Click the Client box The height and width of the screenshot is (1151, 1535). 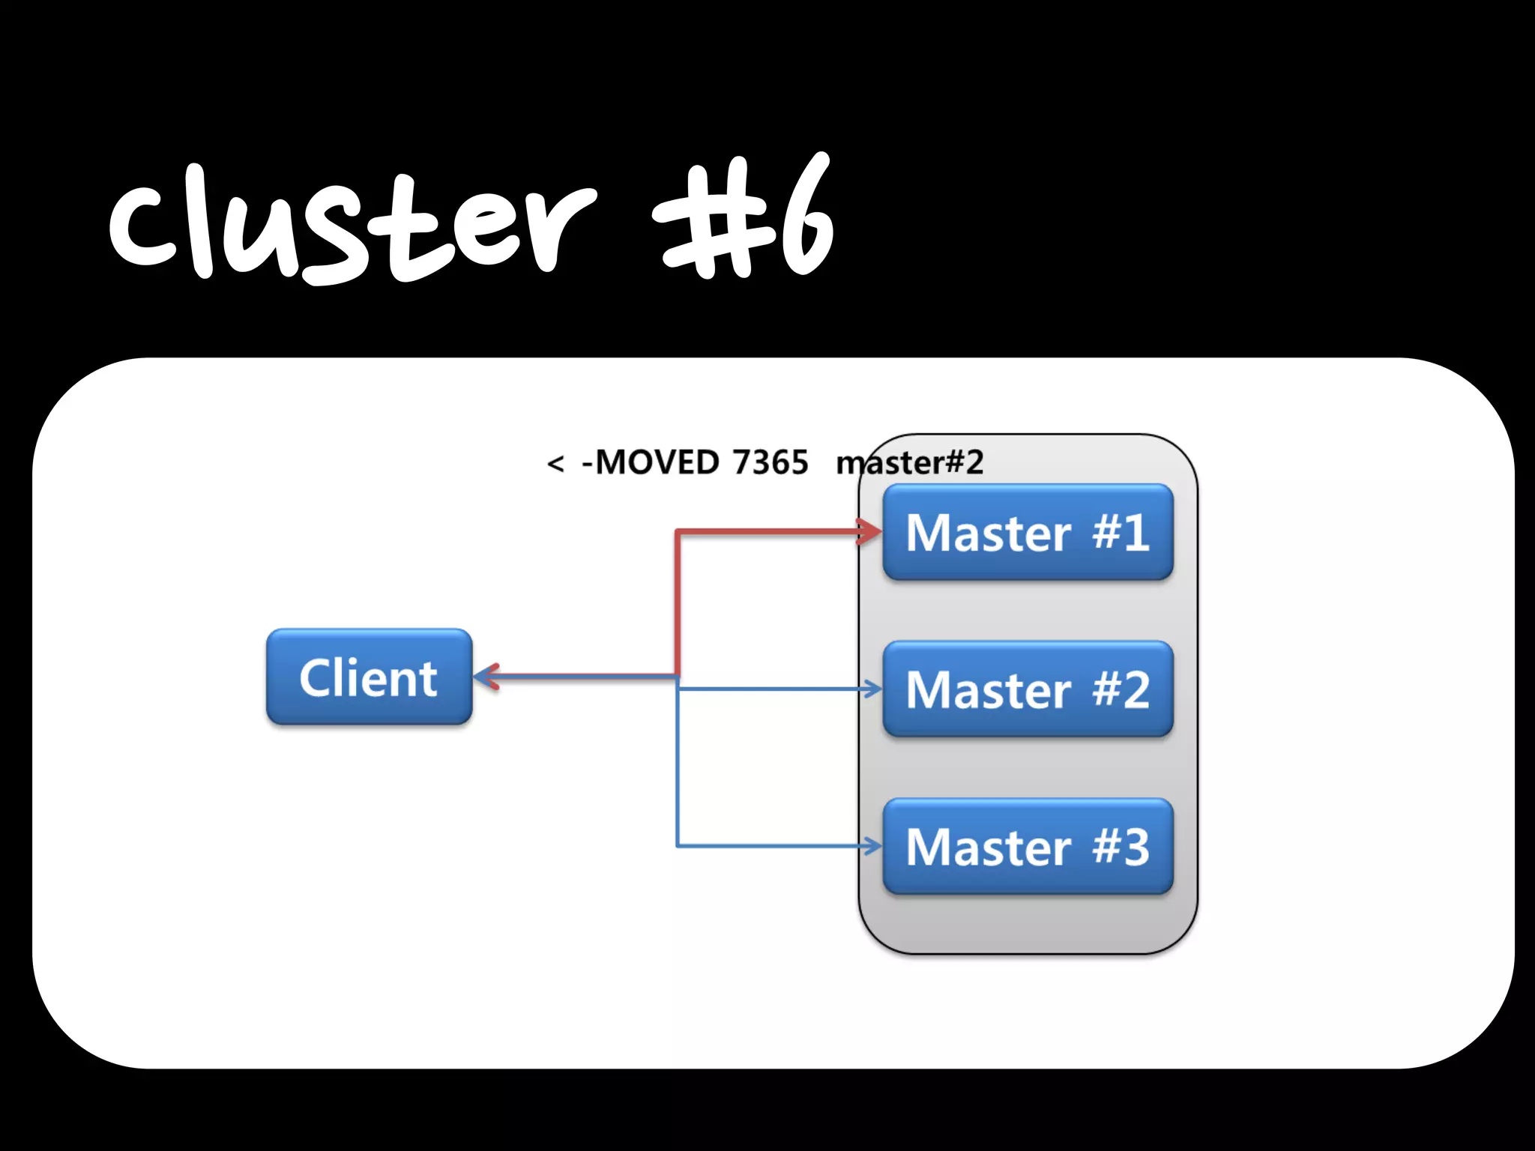point(369,677)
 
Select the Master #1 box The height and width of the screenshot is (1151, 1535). point(1028,532)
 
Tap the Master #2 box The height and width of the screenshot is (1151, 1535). point(1028,689)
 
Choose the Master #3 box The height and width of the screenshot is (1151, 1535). point(1028,846)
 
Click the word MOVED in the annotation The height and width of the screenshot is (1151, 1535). point(657,462)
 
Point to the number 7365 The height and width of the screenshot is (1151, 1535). point(770,462)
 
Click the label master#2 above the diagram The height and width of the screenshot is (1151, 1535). point(909,462)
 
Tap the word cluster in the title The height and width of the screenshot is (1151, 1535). point(352,225)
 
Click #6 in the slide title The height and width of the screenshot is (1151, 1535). point(742,221)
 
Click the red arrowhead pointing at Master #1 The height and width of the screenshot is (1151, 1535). point(871,532)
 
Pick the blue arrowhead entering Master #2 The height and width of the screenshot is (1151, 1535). point(872,689)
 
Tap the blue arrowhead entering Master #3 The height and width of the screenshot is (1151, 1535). point(872,846)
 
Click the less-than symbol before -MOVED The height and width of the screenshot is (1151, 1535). point(555,464)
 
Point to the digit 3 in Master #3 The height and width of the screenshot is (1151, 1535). point(1136,847)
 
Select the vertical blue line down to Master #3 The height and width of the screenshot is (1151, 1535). point(678,772)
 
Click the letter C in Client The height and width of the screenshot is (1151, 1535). point(315,678)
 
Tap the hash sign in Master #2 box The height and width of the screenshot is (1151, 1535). point(1106,689)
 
